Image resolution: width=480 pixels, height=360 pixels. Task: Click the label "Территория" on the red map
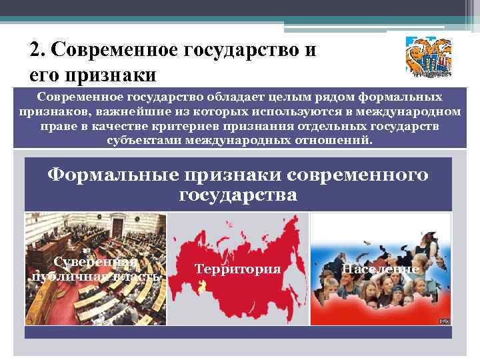pyautogui.click(x=238, y=269)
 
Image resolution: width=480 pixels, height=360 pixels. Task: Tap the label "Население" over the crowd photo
pyautogui.click(x=380, y=269)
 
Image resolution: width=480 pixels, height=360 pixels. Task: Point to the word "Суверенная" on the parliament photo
pyautogui.click(x=96, y=262)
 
